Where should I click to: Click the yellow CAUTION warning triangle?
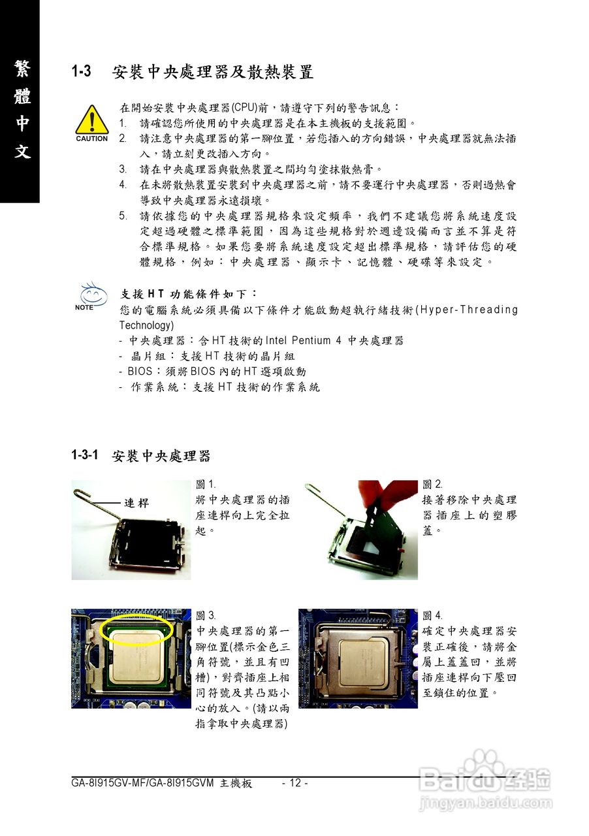click(91, 120)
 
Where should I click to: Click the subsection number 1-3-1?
click(85, 455)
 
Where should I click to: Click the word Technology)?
click(146, 325)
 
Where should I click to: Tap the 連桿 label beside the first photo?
click(137, 503)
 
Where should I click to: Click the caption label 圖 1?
click(206, 484)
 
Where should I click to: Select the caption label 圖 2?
click(432, 484)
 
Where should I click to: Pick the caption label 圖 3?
click(206, 615)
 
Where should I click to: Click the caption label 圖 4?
click(432, 615)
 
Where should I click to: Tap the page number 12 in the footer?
click(294, 783)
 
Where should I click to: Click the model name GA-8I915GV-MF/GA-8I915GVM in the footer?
click(143, 783)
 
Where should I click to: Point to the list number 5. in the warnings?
click(123, 216)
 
